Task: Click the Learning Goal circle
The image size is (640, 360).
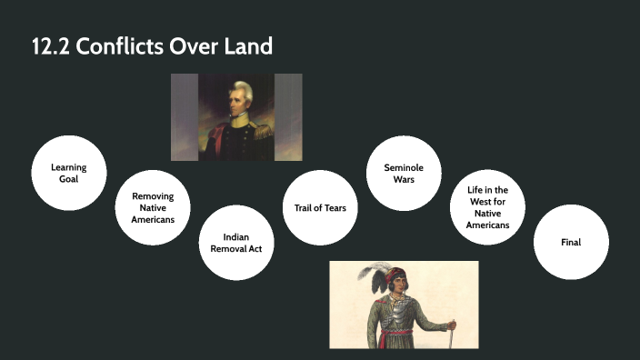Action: pos(69,173)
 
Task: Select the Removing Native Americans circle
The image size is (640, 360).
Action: pos(153,206)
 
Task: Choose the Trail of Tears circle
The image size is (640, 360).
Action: pos(320,207)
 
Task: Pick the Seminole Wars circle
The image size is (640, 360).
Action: pos(404,173)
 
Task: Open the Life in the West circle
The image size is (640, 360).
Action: pos(488,206)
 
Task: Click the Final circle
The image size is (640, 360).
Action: pos(571,242)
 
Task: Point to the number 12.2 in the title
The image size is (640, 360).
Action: pos(50,46)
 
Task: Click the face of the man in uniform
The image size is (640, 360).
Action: pos(238,99)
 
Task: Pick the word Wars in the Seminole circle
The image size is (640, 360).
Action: pos(404,180)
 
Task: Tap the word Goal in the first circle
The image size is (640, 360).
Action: pos(69,180)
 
